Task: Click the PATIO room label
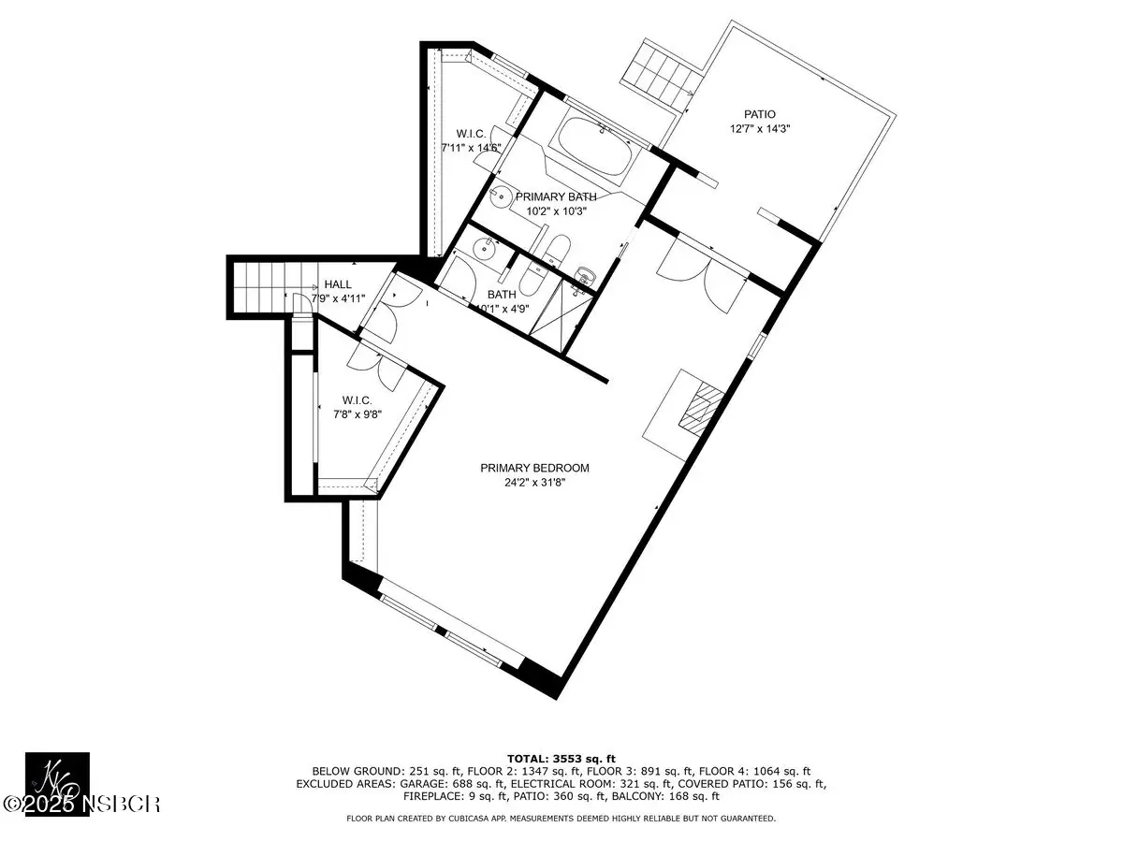coord(759,114)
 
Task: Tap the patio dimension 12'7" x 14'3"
coord(760,129)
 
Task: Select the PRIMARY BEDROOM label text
coord(534,468)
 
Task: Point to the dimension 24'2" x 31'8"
coord(534,483)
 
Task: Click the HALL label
coord(338,284)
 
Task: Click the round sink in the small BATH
coord(483,250)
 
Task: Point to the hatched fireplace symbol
coord(700,410)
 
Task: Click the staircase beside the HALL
coord(271,288)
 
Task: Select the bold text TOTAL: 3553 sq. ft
coord(561,759)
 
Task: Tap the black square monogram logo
coord(57,784)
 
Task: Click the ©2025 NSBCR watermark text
coord(80,805)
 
